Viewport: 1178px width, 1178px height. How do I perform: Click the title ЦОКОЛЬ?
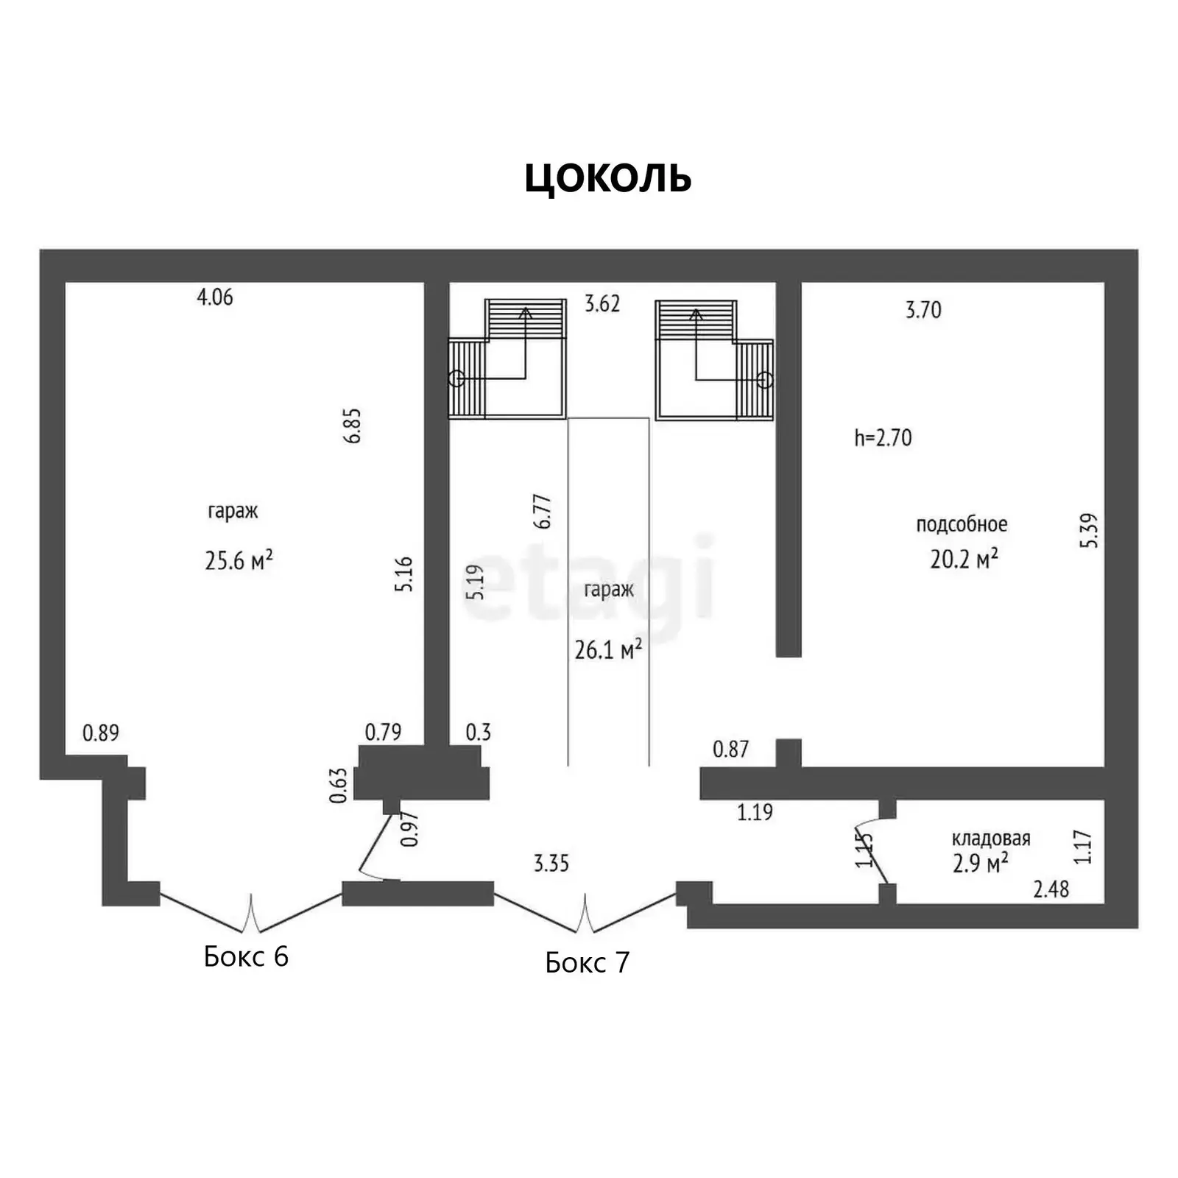[608, 178]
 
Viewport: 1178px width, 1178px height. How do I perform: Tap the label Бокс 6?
[246, 956]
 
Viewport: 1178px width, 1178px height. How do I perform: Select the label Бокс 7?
[588, 962]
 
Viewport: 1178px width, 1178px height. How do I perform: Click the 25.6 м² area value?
[239, 560]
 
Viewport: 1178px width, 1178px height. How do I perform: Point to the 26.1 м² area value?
[608, 649]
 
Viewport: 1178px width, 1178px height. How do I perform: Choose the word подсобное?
[962, 524]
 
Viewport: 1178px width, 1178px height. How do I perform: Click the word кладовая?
[991, 839]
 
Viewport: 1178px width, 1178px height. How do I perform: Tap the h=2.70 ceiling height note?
[883, 438]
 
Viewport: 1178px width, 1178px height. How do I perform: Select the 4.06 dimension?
[215, 297]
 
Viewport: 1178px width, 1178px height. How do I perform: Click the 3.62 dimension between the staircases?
[602, 303]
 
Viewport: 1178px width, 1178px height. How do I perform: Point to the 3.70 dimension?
[923, 310]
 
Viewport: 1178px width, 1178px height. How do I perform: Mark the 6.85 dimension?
[353, 426]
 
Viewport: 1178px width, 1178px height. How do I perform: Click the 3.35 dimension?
[551, 863]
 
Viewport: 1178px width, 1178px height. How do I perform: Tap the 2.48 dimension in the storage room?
[1051, 889]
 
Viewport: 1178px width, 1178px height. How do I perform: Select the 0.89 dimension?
[101, 733]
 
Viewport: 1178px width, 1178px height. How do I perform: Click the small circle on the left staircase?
[456, 378]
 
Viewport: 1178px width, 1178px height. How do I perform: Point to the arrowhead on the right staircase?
[696, 314]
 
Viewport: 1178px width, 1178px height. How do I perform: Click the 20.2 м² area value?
[964, 559]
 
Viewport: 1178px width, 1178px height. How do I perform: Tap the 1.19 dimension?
[755, 812]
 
